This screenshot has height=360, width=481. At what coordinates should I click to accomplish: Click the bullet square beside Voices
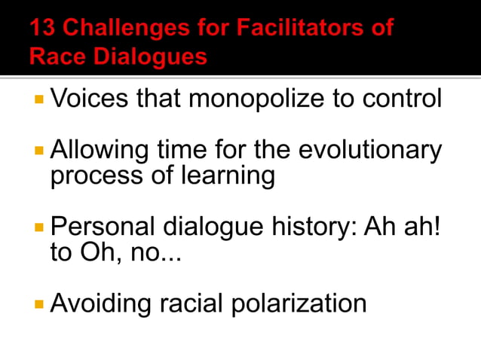(x=39, y=99)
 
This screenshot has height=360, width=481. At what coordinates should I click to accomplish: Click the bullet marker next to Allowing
(x=39, y=151)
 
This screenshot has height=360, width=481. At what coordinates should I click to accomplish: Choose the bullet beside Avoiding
(x=39, y=304)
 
